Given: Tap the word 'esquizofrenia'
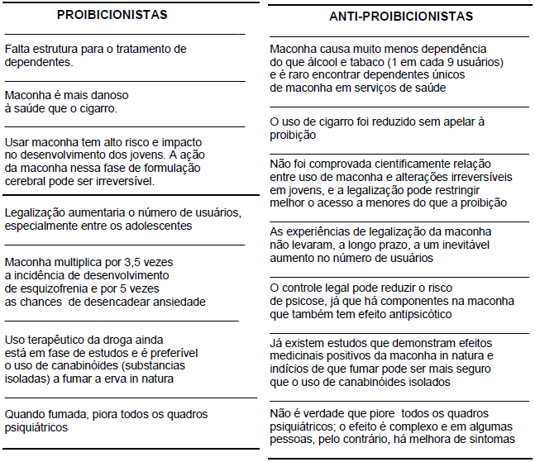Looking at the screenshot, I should click(42, 289).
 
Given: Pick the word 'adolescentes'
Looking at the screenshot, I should click(152, 226).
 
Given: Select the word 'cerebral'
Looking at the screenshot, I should click(27, 181).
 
